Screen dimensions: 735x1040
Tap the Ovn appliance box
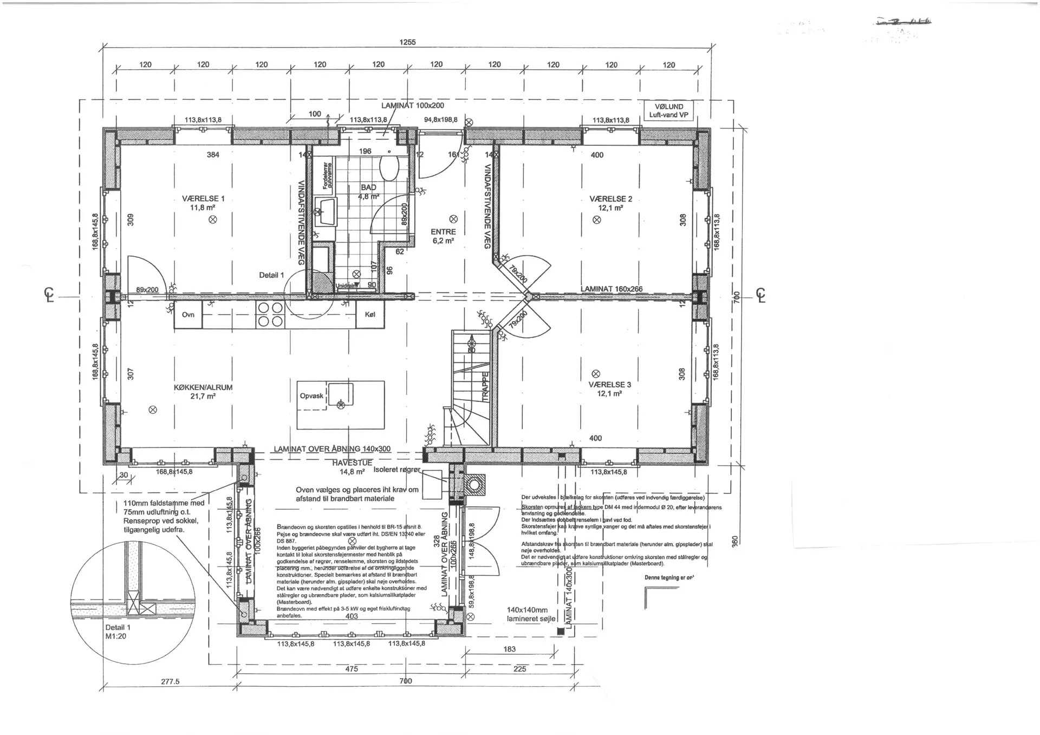(x=188, y=315)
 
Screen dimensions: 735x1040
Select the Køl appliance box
(x=370, y=315)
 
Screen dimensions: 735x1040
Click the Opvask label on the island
(x=311, y=396)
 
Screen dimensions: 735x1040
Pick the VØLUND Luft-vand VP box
(x=668, y=110)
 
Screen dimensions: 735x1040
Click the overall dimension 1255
(x=407, y=42)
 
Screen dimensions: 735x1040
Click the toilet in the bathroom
(x=388, y=167)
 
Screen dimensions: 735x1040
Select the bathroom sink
(x=328, y=211)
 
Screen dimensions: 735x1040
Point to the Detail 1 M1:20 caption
(x=118, y=632)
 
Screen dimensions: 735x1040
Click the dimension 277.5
(x=170, y=681)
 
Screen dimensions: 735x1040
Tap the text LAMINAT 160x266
(x=612, y=289)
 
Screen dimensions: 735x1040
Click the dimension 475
(x=351, y=669)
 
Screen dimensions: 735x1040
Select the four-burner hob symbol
(x=270, y=315)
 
